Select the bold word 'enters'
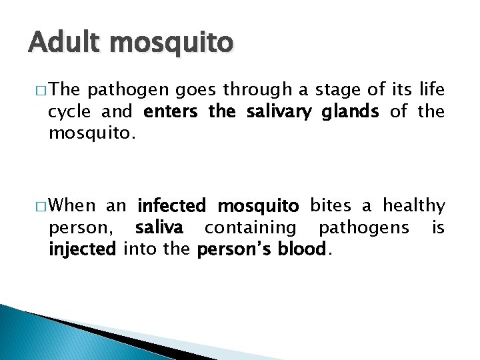point(170,112)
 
